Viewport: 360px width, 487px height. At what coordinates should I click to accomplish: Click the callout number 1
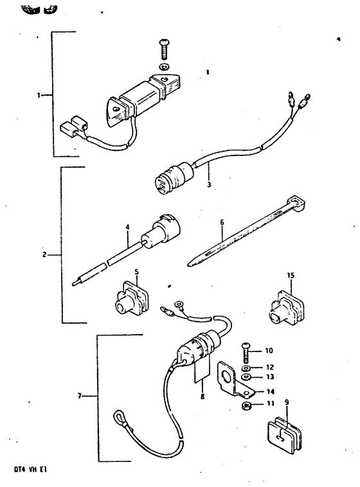click(x=39, y=95)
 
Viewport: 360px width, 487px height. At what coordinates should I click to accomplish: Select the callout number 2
click(x=44, y=255)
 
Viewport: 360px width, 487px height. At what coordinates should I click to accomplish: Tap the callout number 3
click(x=209, y=184)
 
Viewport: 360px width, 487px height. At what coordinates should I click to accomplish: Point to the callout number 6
click(x=222, y=222)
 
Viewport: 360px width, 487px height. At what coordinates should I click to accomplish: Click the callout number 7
click(x=80, y=396)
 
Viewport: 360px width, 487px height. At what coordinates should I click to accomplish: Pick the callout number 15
click(x=291, y=275)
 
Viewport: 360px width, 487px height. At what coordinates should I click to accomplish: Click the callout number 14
click(x=270, y=392)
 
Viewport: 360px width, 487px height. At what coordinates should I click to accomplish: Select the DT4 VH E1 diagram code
click(x=30, y=470)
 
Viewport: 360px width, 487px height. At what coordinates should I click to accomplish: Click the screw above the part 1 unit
click(x=164, y=49)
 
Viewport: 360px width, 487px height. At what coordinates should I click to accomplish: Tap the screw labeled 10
click(x=246, y=352)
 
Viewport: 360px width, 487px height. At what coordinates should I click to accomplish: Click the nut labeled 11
click(x=246, y=405)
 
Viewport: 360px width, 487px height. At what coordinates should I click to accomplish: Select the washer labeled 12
click(x=246, y=368)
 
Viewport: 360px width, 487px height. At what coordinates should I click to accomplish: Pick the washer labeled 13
click(x=246, y=377)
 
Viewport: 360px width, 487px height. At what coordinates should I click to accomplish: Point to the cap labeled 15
click(x=286, y=308)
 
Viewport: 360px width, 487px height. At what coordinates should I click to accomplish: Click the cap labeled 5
click(x=132, y=299)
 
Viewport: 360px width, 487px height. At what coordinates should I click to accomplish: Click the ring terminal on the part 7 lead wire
click(x=179, y=305)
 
